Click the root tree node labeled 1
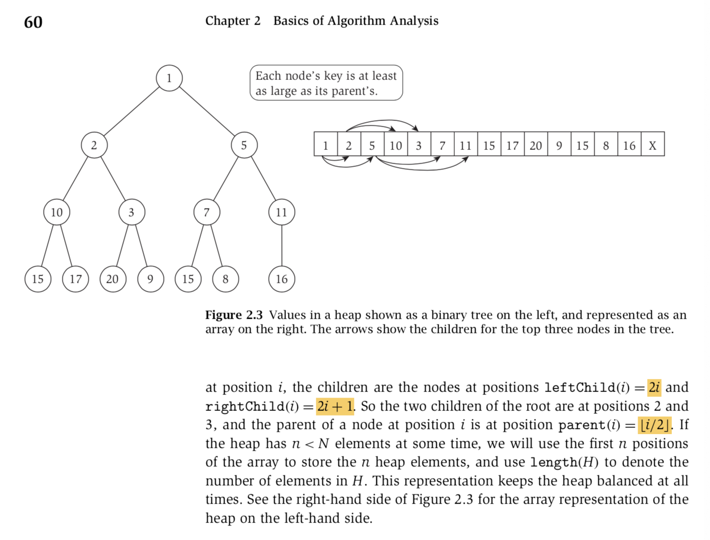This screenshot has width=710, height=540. [x=169, y=78]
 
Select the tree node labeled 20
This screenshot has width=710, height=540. [x=113, y=279]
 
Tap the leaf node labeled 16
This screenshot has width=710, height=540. [x=282, y=279]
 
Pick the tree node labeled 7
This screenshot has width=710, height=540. [x=207, y=212]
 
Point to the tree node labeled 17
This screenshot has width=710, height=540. [x=76, y=279]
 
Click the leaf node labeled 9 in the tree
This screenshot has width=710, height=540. [x=150, y=279]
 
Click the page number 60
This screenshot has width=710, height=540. [x=33, y=22]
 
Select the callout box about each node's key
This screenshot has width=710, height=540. [x=326, y=83]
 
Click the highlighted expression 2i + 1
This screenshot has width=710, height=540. [x=335, y=406]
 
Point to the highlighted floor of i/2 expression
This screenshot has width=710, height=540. [x=654, y=425]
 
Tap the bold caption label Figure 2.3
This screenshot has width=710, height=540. [x=234, y=315]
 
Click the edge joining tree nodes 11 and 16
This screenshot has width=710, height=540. [x=282, y=245]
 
